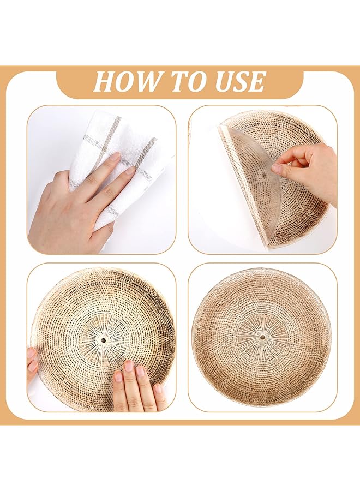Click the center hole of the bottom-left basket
tap(103, 339)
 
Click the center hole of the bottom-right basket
tap(262, 337)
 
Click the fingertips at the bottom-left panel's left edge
tap(32, 363)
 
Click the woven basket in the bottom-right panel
tap(262, 337)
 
